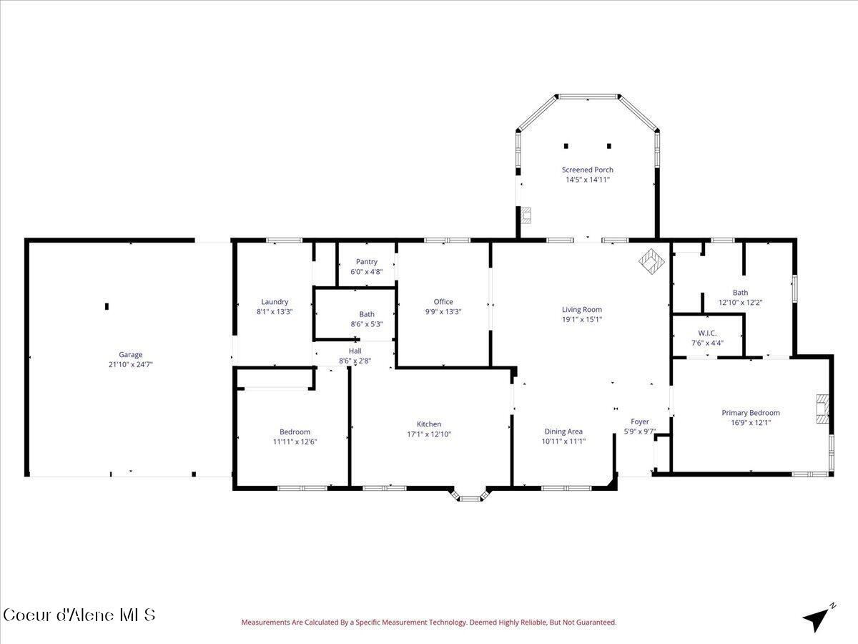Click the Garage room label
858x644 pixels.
click(130, 354)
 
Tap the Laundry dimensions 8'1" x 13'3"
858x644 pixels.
click(275, 312)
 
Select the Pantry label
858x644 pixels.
click(366, 262)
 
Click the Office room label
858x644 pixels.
click(443, 302)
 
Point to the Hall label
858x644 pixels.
click(355, 351)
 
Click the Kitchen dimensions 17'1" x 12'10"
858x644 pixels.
click(429, 434)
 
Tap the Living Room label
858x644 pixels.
click(582, 310)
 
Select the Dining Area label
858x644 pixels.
click(563, 431)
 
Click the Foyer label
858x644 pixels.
click(639, 422)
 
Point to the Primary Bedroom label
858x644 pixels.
click(750, 413)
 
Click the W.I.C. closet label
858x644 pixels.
click(707, 333)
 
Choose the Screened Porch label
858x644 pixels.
click(587, 170)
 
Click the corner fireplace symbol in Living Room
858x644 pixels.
click(651, 261)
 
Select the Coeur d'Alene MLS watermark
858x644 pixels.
click(79, 615)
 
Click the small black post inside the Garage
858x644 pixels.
click(107, 306)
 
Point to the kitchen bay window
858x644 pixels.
click(469, 495)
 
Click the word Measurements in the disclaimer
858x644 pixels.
click(266, 623)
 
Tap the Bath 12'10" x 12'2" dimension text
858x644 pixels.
click(740, 302)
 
